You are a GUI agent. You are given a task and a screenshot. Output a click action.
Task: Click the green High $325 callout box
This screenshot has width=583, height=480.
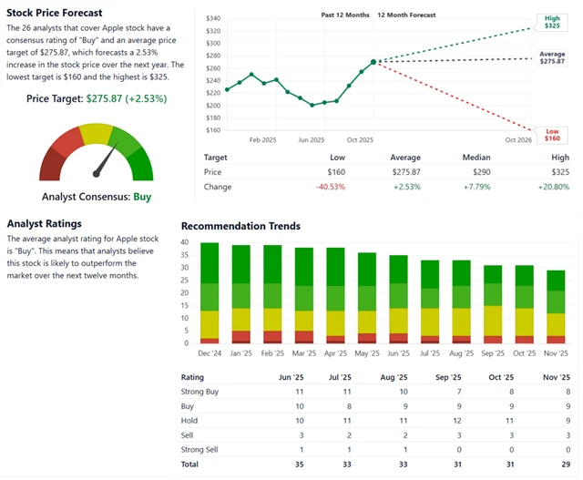[x=552, y=22]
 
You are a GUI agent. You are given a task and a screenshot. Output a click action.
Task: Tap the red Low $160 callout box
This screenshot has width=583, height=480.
[x=552, y=135]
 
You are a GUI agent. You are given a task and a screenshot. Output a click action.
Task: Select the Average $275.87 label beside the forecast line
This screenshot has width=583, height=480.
[x=552, y=57]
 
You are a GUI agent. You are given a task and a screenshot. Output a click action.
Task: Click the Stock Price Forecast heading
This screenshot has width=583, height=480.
[x=55, y=13]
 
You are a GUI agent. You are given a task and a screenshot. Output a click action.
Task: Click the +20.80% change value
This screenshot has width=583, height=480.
[x=553, y=187]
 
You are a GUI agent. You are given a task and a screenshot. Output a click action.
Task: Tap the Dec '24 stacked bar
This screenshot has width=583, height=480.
[x=210, y=292]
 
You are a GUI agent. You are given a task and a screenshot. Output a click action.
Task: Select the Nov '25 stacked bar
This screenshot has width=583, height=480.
[x=556, y=306]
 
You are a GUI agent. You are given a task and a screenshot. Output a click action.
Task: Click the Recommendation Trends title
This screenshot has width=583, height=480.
[x=240, y=226]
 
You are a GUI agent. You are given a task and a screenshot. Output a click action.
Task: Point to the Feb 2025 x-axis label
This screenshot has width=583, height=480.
[x=262, y=140]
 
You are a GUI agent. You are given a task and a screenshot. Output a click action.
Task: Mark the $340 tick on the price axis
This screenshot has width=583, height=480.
[x=213, y=18]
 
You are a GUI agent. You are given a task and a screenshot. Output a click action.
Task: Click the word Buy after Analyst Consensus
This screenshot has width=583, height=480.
[x=142, y=196]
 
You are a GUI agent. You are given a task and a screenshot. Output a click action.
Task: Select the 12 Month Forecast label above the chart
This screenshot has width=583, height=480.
[x=405, y=15]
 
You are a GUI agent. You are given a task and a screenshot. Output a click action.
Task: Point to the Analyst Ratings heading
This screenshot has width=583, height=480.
[x=44, y=223]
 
